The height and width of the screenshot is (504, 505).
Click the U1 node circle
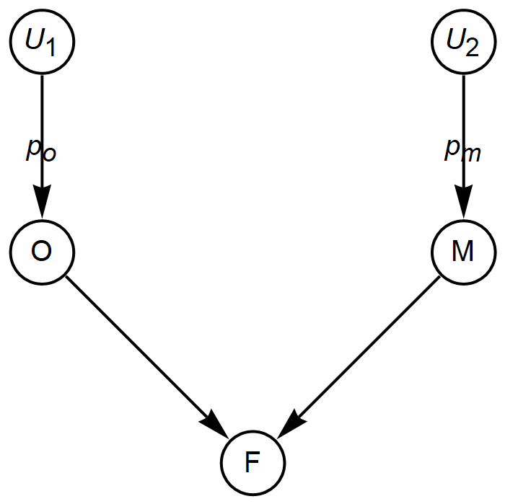(42, 41)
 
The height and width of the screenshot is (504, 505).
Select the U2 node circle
(463, 41)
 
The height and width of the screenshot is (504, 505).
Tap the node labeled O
(42, 252)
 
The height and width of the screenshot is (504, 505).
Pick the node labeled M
(463, 252)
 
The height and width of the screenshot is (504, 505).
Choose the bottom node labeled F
(252, 462)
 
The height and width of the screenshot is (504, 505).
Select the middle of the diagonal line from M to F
(363, 352)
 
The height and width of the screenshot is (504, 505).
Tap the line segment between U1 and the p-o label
(42, 105)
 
